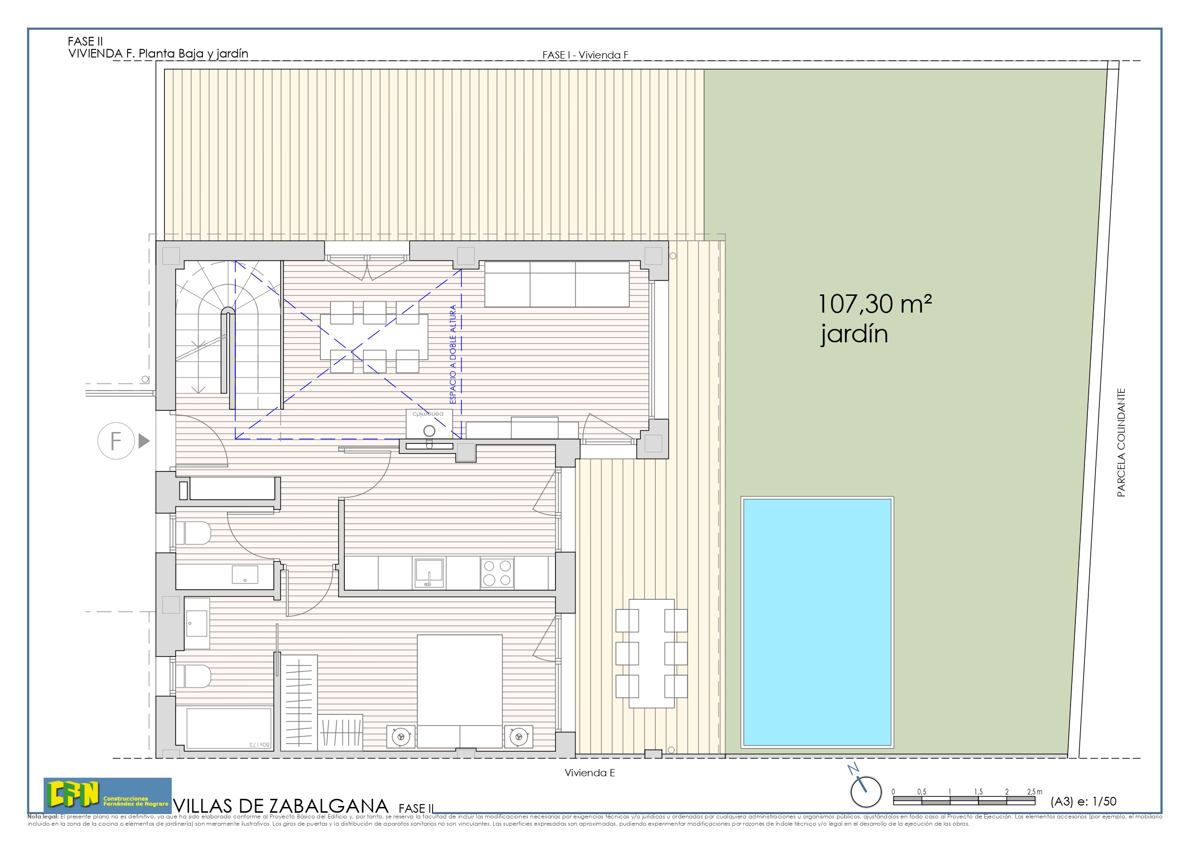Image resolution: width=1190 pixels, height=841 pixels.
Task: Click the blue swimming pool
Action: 817,622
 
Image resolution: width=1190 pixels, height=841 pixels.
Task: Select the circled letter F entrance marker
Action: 116,441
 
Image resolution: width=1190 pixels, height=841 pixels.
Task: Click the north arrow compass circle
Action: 866,792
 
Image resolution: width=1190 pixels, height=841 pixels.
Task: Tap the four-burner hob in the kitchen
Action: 497,572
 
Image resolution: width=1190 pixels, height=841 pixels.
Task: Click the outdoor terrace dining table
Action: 651,653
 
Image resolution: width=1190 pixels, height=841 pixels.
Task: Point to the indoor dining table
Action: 374,337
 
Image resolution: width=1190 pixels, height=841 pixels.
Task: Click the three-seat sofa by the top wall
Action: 557,284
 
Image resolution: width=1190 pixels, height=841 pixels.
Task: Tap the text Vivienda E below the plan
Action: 589,772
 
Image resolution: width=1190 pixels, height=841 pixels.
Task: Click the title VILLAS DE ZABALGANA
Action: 281,806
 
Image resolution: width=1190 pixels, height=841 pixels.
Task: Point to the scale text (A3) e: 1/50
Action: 1083,801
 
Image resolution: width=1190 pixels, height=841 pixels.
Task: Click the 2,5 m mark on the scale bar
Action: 1034,792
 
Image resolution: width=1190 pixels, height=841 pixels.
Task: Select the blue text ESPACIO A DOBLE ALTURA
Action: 453,354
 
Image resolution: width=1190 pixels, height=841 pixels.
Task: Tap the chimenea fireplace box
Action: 429,424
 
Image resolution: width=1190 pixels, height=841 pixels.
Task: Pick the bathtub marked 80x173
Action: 228,728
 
